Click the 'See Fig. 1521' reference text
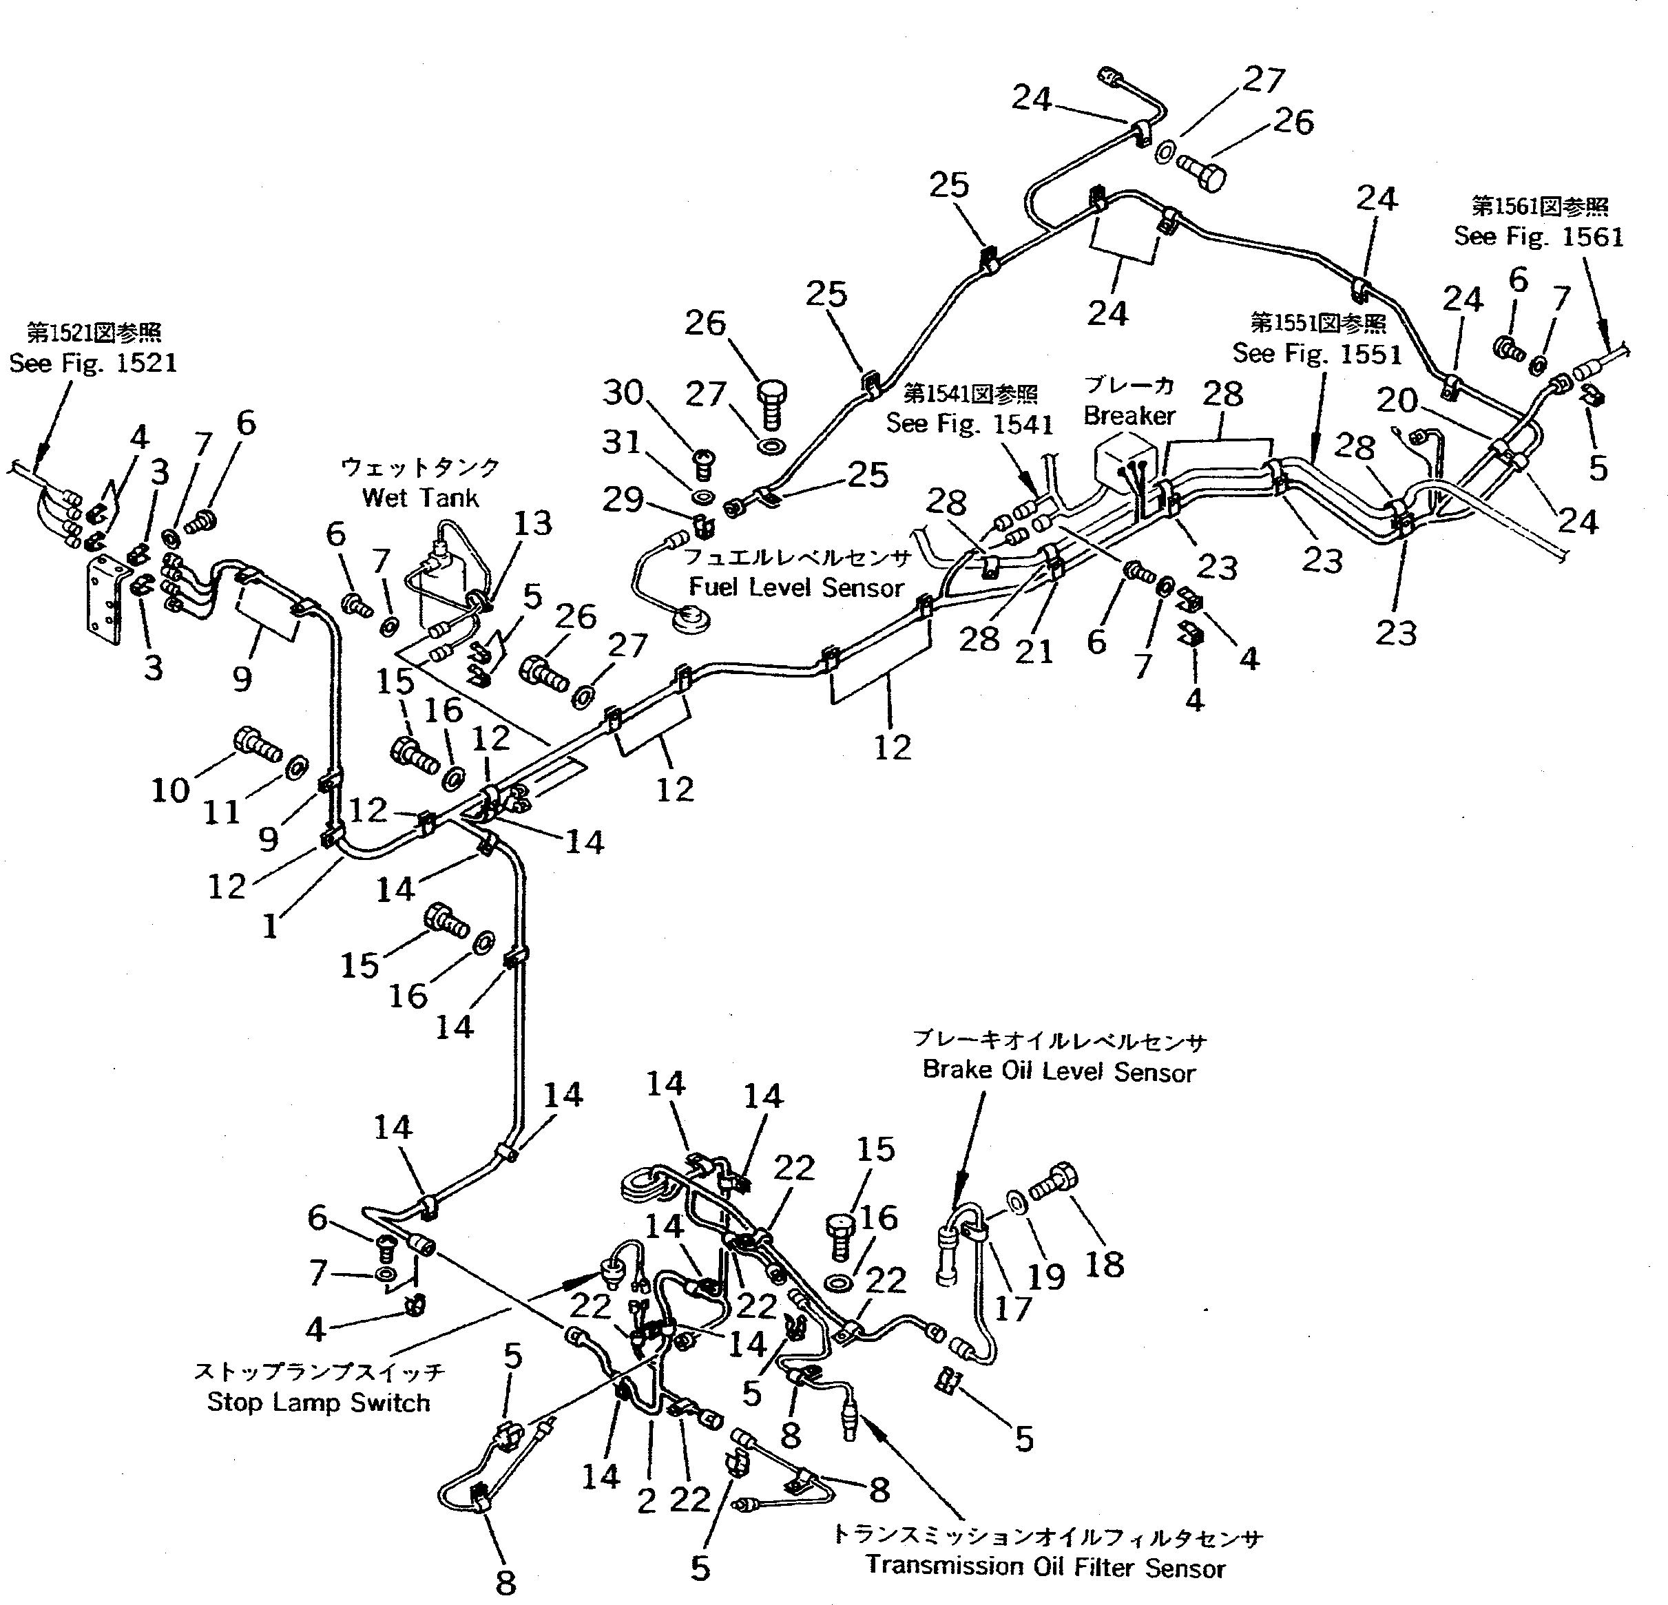click(x=93, y=364)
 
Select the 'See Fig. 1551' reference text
click(x=1317, y=353)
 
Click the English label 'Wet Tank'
click(x=419, y=497)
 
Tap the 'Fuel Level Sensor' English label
click(x=795, y=587)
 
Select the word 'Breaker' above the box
click(x=1129, y=415)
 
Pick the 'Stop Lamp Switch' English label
click(x=318, y=1402)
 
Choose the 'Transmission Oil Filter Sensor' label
click(x=1046, y=1566)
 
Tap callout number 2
click(x=647, y=1501)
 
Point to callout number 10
click(x=169, y=790)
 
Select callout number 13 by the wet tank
click(x=533, y=523)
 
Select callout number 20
click(x=1397, y=399)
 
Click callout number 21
click(x=1034, y=651)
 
